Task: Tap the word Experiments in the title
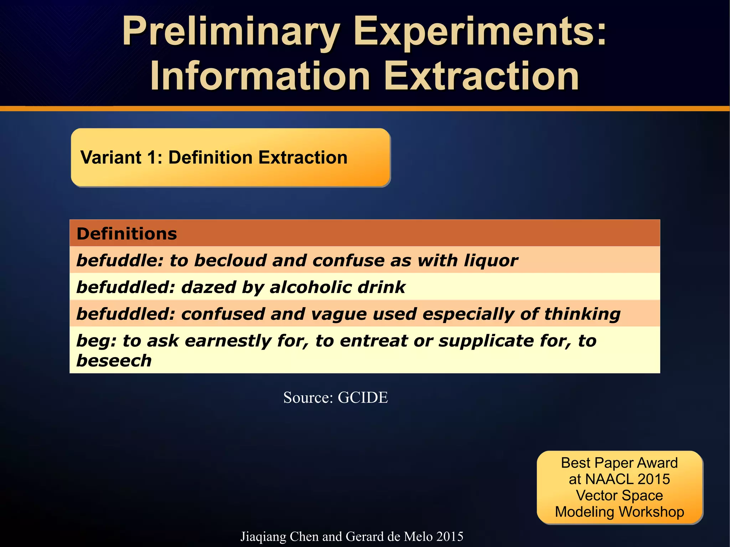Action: (479, 32)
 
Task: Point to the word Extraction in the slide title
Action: (481, 76)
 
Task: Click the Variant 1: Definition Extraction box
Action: (230, 158)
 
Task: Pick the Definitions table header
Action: (127, 234)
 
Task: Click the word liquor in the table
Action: (491, 260)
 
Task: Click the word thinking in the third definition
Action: (582, 314)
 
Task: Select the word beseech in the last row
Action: (114, 361)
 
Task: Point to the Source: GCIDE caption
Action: (335, 397)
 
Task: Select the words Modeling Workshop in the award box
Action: (620, 512)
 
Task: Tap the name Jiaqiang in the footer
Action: (263, 536)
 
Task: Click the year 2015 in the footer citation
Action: (449, 536)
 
